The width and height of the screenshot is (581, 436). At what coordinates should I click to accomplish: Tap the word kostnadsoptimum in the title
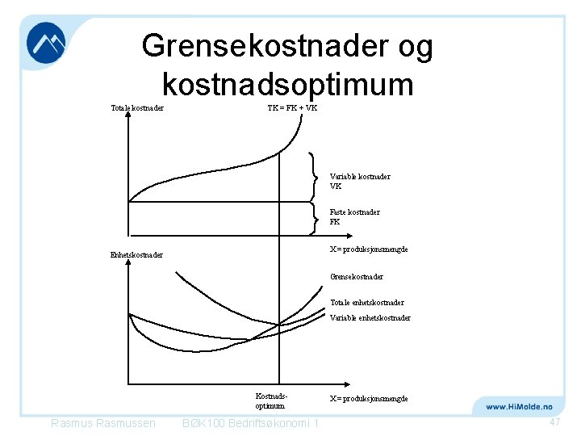pyautogui.click(x=287, y=83)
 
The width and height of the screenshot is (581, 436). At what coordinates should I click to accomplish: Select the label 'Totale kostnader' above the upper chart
pyautogui.click(x=137, y=109)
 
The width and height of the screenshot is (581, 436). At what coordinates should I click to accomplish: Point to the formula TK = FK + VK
pyautogui.click(x=292, y=109)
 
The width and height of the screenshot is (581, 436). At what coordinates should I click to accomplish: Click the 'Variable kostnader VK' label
pyautogui.click(x=360, y=181)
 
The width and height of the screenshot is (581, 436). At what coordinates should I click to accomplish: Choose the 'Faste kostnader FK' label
pyautogui.click(x=354, y=216)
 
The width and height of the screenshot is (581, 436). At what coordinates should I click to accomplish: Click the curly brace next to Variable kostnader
pyautogui.click(x=313, y=177)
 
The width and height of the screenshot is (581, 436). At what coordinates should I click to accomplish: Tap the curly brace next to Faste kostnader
pyautogui.click(x=313, y=216)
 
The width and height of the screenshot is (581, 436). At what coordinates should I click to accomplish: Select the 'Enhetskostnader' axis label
pyautogui.click(x=136, y=255)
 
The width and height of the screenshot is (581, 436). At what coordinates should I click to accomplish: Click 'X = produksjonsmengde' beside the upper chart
pyautogui.click(x=369, y=249)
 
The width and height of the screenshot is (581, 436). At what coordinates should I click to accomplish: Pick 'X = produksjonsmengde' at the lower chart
pyautogui.click(x=369, y=399)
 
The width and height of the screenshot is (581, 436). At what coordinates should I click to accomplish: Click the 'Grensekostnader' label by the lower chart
pyautogui.click(x=356, y=277)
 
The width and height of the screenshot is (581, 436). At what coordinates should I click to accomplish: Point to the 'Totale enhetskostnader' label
pyautogui.click(x=366, y=303)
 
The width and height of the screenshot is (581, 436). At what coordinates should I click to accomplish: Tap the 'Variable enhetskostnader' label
pyautogui.click(x=370, y=318)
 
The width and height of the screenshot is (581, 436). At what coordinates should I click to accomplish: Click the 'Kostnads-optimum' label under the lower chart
pyautogui.click(x=270, y=401)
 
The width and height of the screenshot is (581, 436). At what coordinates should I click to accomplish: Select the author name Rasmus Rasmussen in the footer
pyautogui.click(x=102, y=424)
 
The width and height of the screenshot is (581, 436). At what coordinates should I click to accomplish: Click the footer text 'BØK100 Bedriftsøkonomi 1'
pyautogui.click(x=251, y=424)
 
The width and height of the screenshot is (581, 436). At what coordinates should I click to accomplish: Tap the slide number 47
pyautogui.click(x=554, y=423)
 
